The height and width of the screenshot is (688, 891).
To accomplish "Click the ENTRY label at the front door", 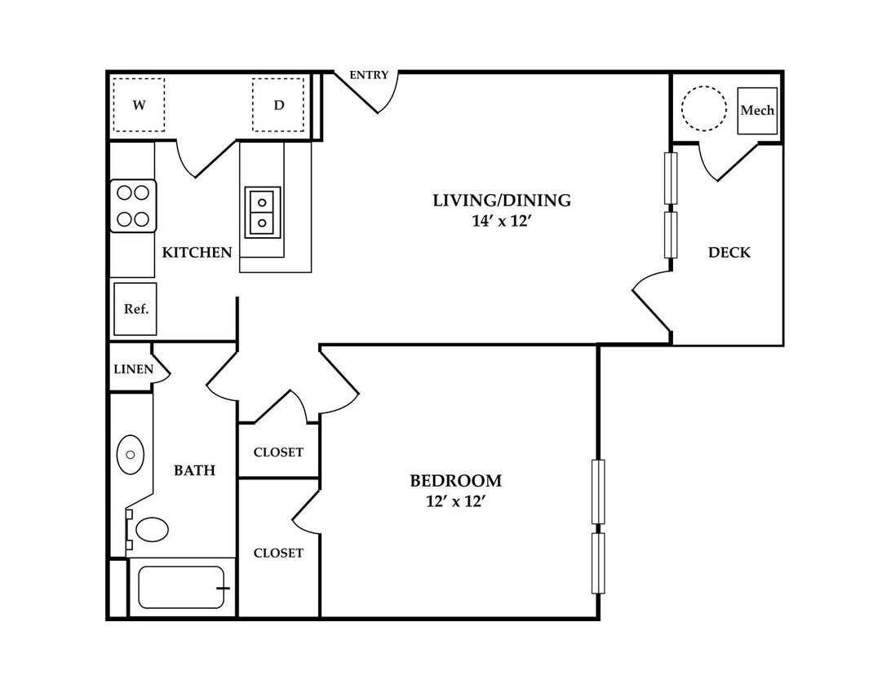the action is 369,75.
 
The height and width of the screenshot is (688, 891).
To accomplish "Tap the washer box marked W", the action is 139,105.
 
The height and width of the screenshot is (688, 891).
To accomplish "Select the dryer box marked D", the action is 278,105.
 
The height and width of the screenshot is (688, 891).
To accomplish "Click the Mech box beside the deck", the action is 757,111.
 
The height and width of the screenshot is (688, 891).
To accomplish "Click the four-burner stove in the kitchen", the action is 133,205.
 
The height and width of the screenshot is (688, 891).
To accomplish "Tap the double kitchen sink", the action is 263,212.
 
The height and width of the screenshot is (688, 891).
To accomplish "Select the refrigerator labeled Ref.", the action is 135,309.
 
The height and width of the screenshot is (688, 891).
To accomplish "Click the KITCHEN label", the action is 197,252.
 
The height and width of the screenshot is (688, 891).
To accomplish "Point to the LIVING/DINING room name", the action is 502,200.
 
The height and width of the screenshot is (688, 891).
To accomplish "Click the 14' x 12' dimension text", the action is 501,221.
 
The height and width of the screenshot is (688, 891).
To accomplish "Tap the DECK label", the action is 729,252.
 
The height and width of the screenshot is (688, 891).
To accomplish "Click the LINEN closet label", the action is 134,369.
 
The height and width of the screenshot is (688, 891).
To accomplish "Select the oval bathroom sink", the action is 130,455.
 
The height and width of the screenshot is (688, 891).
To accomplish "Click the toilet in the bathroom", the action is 148,530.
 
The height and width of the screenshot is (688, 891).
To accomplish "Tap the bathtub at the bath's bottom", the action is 182,587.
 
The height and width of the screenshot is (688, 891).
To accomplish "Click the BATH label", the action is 194,470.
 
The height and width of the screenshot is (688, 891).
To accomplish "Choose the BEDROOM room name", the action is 456,481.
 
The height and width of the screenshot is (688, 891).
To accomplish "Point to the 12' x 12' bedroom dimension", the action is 455,502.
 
